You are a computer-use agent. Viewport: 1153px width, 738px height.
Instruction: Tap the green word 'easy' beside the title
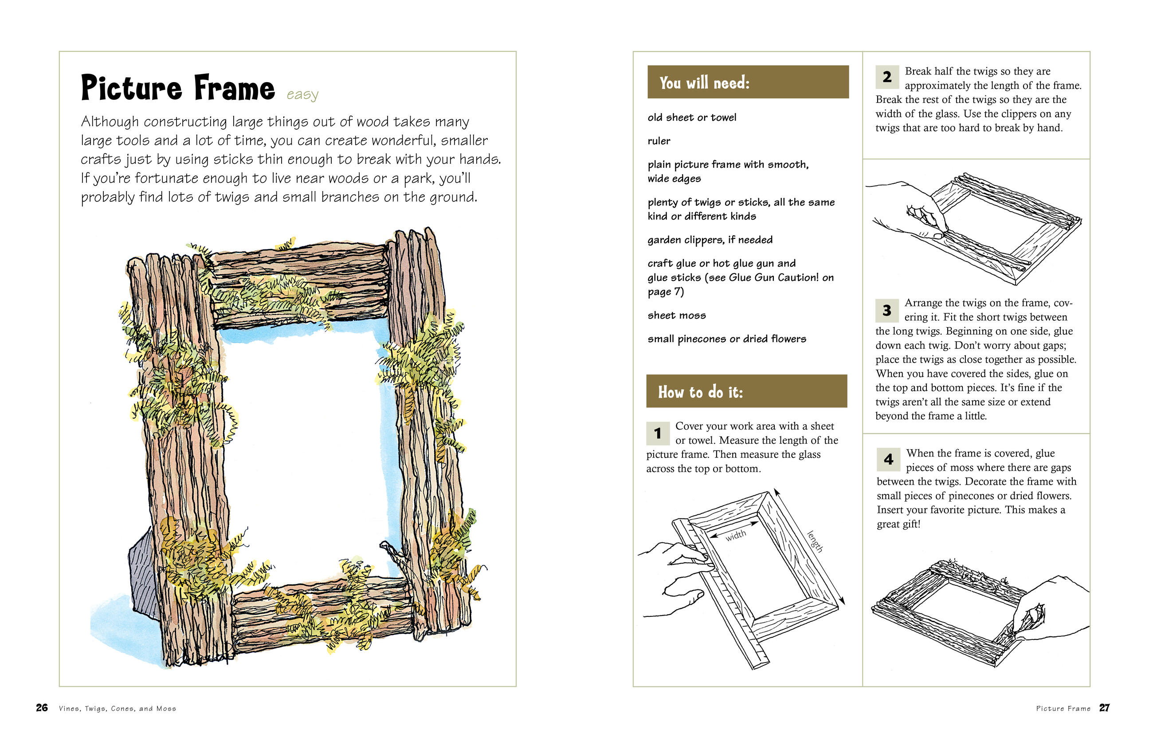(302, 95)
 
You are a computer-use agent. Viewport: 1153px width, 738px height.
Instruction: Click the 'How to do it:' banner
(746, 391)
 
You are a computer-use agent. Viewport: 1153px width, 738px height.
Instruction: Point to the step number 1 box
(657, 433)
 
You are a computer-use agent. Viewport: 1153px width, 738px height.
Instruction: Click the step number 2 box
(887, 77)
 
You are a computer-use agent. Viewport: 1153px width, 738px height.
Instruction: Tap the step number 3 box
(887, 310)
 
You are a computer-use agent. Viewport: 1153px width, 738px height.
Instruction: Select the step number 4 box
(888, 459)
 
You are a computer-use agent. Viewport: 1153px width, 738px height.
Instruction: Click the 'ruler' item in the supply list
(659, 141)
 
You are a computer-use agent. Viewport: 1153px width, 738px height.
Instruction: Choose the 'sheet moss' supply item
(677, 316)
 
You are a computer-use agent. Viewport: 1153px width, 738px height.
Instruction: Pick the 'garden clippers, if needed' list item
(710, 240)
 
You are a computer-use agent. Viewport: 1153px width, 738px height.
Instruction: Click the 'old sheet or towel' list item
(691, 118)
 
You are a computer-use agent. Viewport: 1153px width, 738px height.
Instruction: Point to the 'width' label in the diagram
(735, 535)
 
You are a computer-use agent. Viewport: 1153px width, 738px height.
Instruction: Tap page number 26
(42, 708)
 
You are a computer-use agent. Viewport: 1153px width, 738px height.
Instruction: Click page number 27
(1104, 708)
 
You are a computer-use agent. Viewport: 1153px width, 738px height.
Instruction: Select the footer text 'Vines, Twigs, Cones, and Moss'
(118, 709)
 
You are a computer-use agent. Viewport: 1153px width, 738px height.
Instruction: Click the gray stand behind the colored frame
(143, 575)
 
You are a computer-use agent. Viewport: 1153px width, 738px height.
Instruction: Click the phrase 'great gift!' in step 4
(898, 524)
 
